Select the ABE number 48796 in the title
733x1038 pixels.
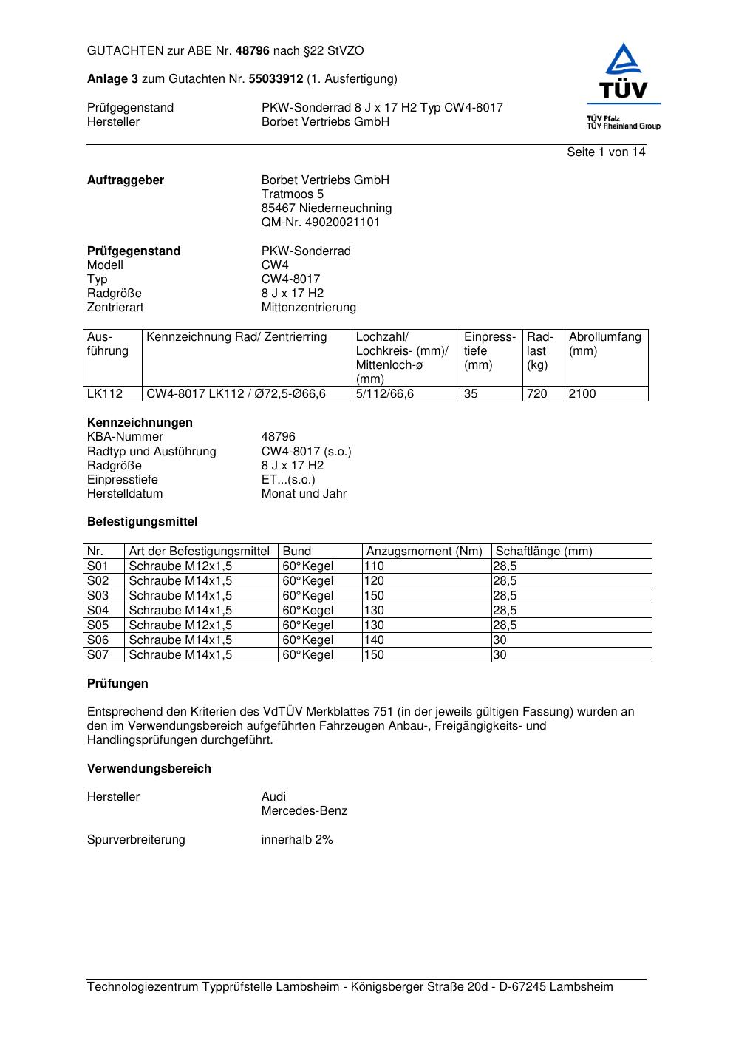[x=253, y=51]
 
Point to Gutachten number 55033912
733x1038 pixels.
[x=276, y=78]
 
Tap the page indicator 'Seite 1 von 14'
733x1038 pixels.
[x=606, y=152]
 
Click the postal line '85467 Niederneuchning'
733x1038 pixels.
[x=326, y=208]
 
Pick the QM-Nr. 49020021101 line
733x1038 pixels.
[x=320, y=223]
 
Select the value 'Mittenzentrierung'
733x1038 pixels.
[x=308, y=308]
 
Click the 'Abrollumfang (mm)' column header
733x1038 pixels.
[x=604, y=344]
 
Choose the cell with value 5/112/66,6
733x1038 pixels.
[x=385, y=394]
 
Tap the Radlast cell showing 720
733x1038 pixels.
[x=537, y=394]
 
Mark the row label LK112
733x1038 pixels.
[x=105, y=394]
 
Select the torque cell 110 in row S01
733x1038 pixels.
[x=375, y=566]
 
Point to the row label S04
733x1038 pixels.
[x=98, y=611]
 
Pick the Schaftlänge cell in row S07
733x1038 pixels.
[x=500, y=655]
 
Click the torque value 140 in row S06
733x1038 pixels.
[x=375, y=640]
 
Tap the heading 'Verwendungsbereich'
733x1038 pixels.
[x=149, y=769]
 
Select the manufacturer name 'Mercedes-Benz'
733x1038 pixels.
[x=304, y=811]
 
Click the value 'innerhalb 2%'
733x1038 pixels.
[x=297, y=840]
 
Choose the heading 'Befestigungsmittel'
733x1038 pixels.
[x=142, y=522]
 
